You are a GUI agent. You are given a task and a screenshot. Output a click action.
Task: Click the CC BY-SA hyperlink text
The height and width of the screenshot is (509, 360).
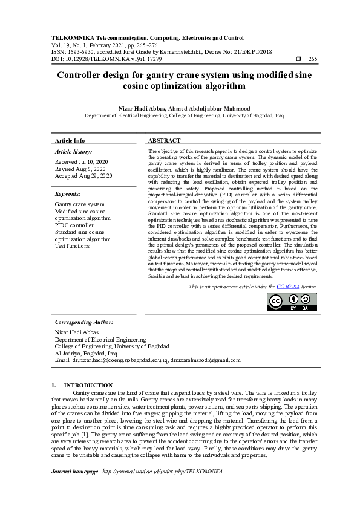pos(288,286)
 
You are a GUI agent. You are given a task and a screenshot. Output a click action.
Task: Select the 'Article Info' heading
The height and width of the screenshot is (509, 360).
pos(70,140)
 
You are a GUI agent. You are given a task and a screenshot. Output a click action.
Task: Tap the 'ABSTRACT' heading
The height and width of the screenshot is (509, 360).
pos(165,140)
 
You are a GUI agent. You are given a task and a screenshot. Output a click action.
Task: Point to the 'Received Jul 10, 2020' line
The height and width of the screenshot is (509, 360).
pos(82,162)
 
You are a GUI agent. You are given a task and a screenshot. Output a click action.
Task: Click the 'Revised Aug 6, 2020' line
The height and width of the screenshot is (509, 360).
pos(80,169)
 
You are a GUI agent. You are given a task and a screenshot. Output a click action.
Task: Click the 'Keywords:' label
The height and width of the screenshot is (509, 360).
pos(68,194)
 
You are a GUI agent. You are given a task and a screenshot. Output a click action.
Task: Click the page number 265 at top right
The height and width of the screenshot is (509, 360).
pos(312,59)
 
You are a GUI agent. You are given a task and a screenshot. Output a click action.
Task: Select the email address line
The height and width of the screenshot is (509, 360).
pos(147,360)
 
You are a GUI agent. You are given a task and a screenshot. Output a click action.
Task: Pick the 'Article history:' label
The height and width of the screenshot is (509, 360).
pos(73,151)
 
